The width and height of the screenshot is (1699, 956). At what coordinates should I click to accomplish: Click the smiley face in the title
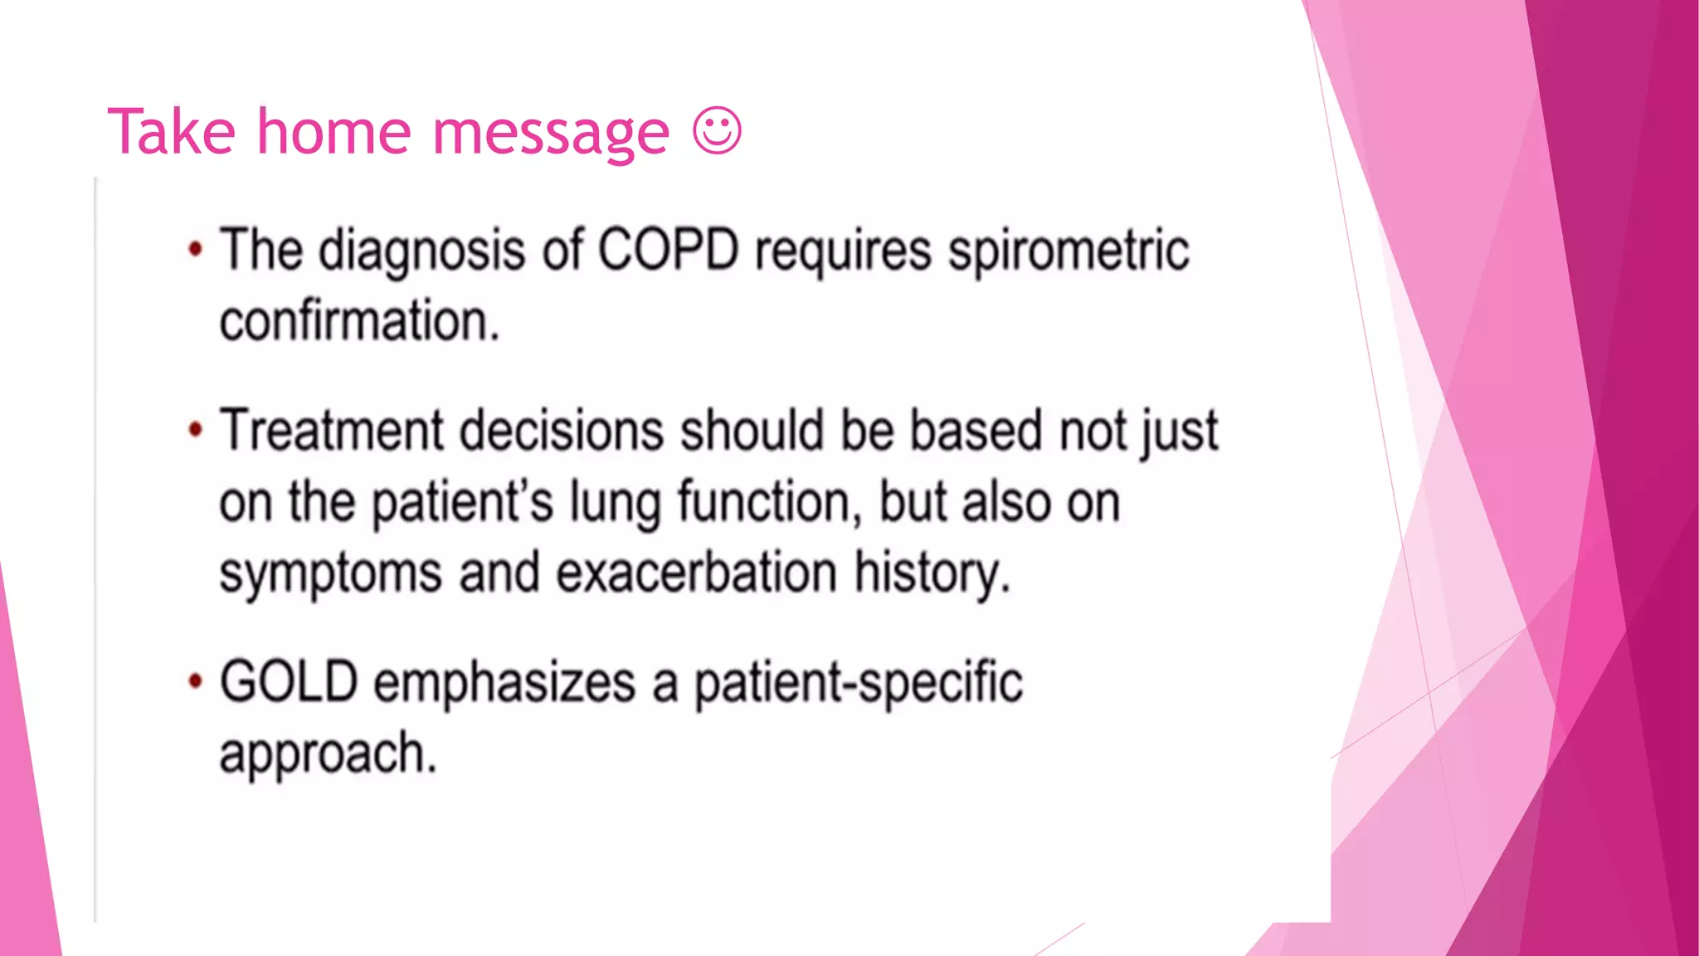[x=717, y=131]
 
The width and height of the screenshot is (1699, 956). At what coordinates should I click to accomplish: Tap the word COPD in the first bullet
[x=668, y=250]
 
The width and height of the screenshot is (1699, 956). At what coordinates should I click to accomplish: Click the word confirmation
[x=358, y=322]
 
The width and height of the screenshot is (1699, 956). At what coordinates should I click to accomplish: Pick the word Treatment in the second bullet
[x=332, y=431]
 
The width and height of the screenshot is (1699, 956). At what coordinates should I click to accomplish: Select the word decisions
[x=562, y=431]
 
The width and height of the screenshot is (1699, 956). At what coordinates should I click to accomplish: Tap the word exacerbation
[x=696, y=573]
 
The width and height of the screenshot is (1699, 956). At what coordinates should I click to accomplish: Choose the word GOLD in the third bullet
[x=288, y=682]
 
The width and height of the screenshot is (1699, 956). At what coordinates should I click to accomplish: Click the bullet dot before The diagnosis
[x=195, y=249]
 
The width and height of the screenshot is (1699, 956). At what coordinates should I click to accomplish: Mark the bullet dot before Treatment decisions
[x=195, y=430]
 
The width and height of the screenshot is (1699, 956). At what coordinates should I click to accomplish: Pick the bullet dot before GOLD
[x=195, y=681]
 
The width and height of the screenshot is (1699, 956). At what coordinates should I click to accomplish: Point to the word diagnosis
[x=421, y=251]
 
